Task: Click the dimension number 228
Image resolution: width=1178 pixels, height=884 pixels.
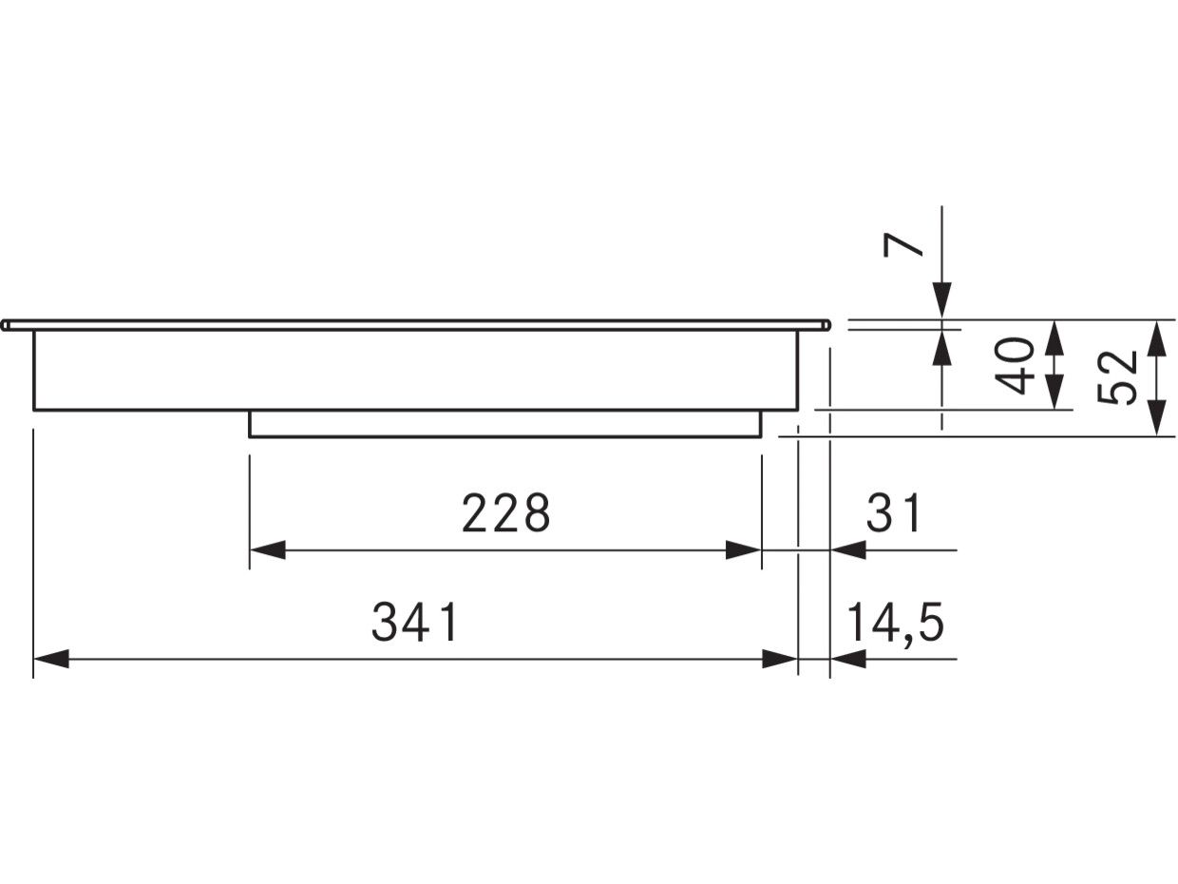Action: (x=505, y=512)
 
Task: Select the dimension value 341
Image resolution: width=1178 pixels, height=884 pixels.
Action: (x=415, y=622)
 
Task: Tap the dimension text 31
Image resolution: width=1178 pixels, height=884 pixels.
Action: (x=893, y=512)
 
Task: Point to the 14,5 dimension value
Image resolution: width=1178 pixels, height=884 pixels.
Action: (x=895, y=624)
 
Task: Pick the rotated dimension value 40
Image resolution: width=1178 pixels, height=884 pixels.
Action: (x=1015, y=366)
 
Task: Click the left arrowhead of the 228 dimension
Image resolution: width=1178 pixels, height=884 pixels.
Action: (x=267, y=550)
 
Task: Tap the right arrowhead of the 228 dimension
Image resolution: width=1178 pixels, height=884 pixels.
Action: (x=743, y=550)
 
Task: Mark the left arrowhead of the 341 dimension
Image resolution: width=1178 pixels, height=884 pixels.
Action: (x=51, y=659)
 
